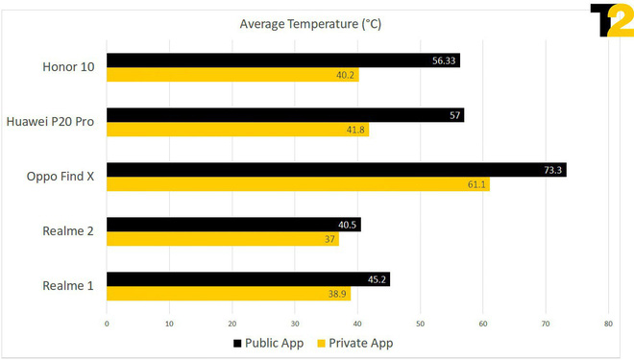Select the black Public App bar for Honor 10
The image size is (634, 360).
283,60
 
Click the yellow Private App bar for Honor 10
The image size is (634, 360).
232,75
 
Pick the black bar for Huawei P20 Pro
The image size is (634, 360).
285,115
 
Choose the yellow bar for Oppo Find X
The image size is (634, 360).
298,184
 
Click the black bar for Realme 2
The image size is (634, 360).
233,225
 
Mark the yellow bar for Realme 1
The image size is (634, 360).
229,294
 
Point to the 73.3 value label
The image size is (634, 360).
551,170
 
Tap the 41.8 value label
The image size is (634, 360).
355,130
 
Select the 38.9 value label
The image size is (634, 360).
337,294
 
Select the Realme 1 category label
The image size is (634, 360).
67,287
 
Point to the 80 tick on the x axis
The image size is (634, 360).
608,324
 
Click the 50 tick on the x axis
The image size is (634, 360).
421,324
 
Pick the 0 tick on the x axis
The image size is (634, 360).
107,324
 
